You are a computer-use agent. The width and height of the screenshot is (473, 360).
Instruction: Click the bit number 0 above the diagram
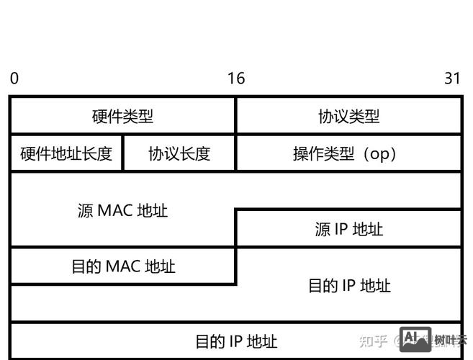14,78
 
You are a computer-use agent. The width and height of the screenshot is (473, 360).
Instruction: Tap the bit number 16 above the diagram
236,78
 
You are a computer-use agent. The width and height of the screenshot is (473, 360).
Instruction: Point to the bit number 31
452,78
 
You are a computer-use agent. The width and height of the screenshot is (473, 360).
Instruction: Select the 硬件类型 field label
122,116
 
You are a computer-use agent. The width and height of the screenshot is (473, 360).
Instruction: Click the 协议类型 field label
348,116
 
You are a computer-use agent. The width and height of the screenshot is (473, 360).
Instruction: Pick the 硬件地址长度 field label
66,153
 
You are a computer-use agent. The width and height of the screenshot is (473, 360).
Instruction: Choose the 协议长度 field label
179,153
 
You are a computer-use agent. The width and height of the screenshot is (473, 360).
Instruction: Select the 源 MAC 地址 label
122,210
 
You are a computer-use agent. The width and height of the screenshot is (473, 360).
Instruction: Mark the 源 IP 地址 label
348,229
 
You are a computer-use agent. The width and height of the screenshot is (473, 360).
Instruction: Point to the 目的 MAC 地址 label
122,266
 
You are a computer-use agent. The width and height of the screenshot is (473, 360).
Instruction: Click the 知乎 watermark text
373,340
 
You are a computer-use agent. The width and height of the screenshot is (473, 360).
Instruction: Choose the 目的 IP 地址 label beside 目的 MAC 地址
348,285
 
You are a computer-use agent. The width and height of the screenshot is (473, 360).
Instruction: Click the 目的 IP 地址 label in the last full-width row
236,341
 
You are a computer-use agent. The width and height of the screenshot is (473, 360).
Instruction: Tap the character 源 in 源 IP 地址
322,229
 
